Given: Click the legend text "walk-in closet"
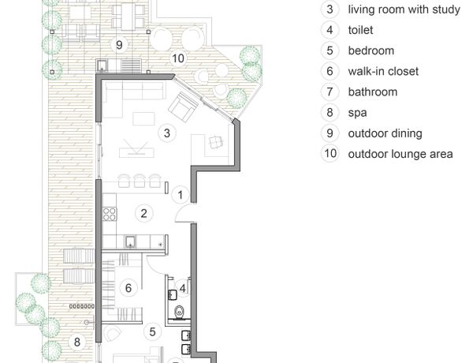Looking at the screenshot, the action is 383,72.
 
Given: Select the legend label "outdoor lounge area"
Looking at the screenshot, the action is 400,154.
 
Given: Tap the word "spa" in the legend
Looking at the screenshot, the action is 357,114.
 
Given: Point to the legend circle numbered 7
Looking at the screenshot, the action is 330,92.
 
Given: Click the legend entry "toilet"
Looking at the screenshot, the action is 360,30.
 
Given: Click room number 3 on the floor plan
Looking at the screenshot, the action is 167,133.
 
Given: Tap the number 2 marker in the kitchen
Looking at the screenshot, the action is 144,214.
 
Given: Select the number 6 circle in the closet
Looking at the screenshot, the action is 128,288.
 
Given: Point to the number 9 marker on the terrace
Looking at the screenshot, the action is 119,45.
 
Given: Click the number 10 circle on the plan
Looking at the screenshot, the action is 178,58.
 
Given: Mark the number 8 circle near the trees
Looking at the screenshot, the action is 77,342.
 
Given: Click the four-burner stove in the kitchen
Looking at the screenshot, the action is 110,214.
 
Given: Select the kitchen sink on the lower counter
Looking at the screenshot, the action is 131,241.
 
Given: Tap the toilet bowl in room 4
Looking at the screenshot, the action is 179,312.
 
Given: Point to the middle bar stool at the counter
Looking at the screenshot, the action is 140,181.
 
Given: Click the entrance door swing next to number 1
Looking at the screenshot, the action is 183,211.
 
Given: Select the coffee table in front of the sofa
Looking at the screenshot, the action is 144,118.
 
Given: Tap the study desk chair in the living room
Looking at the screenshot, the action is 216,142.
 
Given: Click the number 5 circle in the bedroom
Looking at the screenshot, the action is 153,331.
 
